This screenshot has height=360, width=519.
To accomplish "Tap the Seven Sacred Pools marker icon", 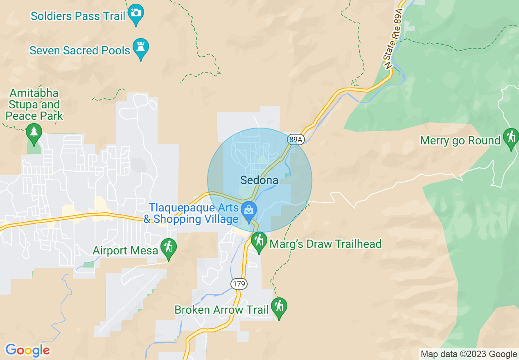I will [141, 47].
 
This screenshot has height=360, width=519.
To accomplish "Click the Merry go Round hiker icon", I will [510, 137].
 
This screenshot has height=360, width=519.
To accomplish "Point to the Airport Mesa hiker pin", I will [168, 248].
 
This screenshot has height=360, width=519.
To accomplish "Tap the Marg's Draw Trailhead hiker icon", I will [259, 241].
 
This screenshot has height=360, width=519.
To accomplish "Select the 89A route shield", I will [295, 139].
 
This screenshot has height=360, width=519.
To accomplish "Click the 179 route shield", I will [239, 283].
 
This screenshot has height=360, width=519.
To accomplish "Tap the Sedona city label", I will [259, 180].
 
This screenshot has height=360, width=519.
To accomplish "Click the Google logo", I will [27, 351].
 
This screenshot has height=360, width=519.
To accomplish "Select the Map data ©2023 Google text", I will [469, 354].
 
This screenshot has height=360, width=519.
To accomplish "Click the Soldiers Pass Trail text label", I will [78, 16].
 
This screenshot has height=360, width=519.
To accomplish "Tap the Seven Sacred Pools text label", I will [80, 50].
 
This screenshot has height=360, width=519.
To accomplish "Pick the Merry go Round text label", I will [460, 141].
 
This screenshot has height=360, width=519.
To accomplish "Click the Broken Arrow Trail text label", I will [221, 310].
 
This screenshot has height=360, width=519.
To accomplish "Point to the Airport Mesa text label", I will [125, 250].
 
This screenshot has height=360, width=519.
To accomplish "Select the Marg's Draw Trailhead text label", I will [325, 244].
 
